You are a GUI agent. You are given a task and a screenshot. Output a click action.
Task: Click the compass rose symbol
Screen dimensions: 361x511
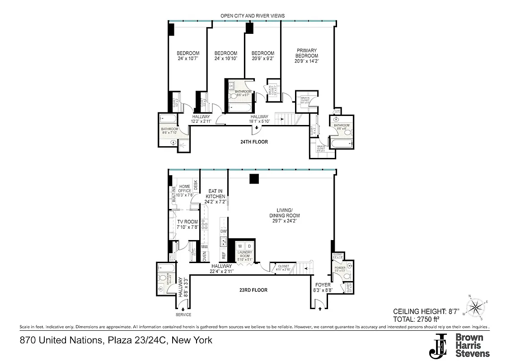click(476, 308)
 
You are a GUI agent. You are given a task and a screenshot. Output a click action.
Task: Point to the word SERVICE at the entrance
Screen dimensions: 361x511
click(183, 315)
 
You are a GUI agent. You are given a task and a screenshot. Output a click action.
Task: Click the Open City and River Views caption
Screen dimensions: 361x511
click(253, 16)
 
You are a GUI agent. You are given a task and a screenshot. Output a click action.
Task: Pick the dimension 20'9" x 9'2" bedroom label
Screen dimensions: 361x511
click(263, 59)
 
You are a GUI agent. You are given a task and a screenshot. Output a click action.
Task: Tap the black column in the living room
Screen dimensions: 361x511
click(254, 179)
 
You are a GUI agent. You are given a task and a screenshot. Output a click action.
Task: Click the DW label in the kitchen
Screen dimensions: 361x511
click(223, 231)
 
